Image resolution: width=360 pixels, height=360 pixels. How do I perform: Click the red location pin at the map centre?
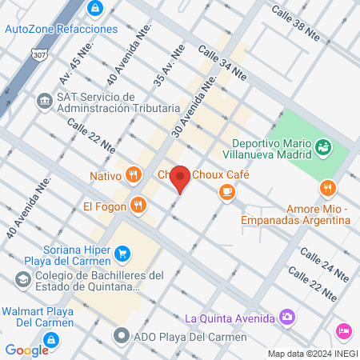181,178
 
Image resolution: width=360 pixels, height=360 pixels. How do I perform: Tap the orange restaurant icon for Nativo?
134,174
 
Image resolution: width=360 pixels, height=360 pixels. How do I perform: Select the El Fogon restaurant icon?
139,205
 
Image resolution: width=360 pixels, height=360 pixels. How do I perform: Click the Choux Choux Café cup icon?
228,190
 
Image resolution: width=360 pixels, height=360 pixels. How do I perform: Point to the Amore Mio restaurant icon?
326,189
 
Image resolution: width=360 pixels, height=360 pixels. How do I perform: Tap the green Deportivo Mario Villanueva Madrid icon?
323,146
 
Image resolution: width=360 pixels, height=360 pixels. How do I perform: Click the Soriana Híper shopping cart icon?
122,254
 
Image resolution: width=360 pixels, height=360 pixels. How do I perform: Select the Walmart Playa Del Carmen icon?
50,341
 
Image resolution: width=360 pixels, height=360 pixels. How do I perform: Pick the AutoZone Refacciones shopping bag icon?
95,8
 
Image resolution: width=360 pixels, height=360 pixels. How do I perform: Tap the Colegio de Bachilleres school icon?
22,280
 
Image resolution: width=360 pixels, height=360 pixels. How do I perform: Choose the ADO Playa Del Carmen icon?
122,334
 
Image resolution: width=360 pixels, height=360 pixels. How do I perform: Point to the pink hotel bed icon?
344,330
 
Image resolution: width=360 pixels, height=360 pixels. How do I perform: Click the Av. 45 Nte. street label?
78,63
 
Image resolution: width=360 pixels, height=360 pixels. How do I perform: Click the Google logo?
26,350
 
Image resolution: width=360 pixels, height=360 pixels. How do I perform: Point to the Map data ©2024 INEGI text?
311,354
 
